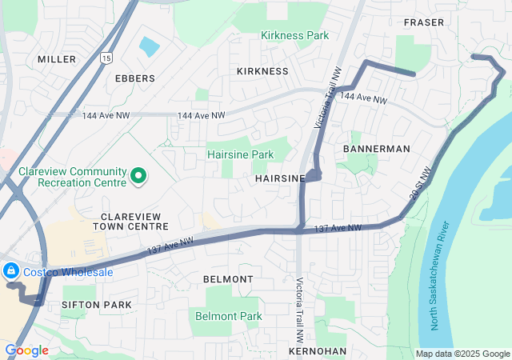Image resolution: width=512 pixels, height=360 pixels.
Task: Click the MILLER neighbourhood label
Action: [57, 59]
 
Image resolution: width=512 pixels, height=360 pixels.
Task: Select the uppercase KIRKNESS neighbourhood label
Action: [262, 71]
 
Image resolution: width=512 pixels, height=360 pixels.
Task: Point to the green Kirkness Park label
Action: [294, 36]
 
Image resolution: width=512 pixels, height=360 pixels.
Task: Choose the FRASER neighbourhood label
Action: [424, 22]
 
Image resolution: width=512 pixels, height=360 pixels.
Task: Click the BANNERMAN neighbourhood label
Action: [376, 149]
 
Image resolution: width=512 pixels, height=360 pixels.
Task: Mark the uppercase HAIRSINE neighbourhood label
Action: [280, 180]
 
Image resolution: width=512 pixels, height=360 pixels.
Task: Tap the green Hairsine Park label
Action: [240, 154]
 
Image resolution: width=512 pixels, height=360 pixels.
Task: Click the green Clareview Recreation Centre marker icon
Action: [138, 175]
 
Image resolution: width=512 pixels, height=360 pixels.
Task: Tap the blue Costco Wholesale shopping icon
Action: [11, 272]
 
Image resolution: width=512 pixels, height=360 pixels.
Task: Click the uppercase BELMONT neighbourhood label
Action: [228, 279]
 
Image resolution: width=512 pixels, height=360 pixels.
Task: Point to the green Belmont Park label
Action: [229, 317]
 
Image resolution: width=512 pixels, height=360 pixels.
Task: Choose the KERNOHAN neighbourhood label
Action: [318, 351]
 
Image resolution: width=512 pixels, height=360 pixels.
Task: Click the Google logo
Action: [26, 350]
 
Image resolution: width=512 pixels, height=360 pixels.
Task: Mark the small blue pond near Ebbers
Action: [150, 46]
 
